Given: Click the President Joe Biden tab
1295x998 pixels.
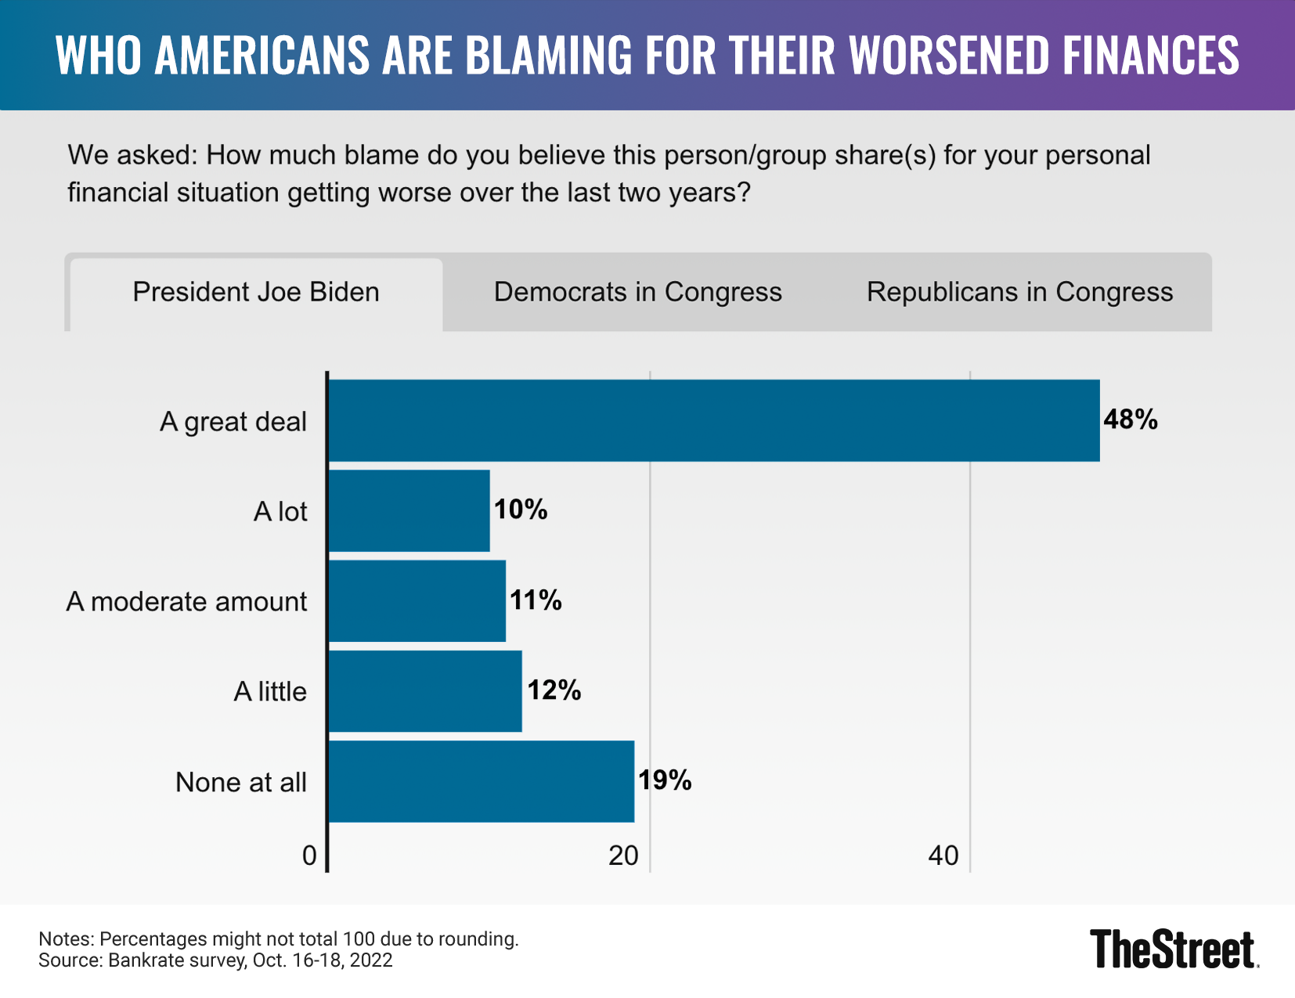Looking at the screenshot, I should click(x=256, y=293).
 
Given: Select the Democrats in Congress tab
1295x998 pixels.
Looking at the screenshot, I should click(x=637, y=293).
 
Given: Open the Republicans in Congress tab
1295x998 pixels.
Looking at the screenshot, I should click(x=1019, y=293).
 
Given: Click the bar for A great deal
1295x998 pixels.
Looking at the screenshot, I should click(x=713, y=421).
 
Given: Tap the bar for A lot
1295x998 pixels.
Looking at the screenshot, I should click(x=409, y=511).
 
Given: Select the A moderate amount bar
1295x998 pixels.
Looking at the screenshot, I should click(x=417, y=601).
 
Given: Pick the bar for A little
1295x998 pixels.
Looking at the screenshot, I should click(x=425, y=691).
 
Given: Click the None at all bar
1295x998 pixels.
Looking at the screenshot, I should click(x=481, y=781).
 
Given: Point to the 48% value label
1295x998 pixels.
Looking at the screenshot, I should click(x=1130, y=420).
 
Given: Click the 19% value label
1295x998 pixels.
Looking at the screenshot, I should click(x=665, y=780).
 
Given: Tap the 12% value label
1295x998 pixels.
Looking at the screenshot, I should click(x=554, y=690).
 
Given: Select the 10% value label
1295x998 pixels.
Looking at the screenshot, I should click(x=520, y=510).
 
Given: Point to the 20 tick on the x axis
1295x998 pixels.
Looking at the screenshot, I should click(x=623, y=856).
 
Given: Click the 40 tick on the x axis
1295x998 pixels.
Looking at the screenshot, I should click(x=943, y=856).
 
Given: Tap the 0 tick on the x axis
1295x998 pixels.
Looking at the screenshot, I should click(x=309, y=856).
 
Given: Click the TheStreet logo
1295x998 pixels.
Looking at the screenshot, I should click(x=1174, y=949).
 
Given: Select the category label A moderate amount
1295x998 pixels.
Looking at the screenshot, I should click(x=186, y=602).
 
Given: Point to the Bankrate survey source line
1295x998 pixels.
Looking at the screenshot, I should click(x=215, y=960).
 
